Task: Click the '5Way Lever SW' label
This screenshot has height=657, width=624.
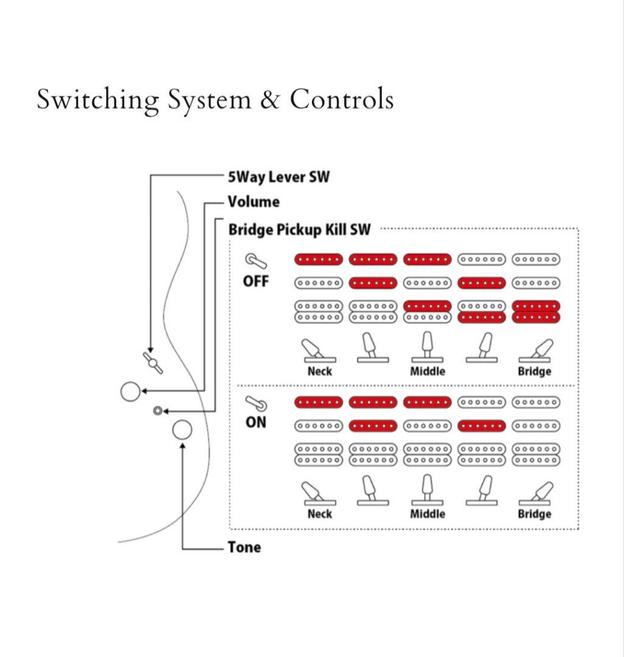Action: pyautogui.click(x=279, y=177)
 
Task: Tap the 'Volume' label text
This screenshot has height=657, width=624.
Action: pyautogui.click(x=254, y=202)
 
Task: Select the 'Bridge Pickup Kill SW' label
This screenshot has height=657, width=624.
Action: pyautogui.click(x=299, y=230)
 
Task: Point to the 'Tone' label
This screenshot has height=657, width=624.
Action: pyautogui.click(x=244, y=547)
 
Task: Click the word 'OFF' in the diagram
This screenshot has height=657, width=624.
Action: pyautogui.click(x=256, y=282)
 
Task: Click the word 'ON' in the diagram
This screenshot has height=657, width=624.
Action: pyautogui.click(x=256, y=422)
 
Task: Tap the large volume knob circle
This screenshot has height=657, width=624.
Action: pyautogui.click(x=130, y=391)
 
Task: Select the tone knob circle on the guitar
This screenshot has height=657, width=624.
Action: pyautogui.click(x=182, y=430)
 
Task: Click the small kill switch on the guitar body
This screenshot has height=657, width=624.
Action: pyautogui.click(x=158, y=411)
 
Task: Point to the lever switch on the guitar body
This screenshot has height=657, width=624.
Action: pyautogui.click(x=152, y=361)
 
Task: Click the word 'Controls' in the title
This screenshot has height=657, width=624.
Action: pyautogui.click(x=341, y=100)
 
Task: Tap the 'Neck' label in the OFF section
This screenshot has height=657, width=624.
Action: pyautogui.click(x=320, y=371)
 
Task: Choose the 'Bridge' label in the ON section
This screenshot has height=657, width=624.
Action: pyautogui.click(x=535, y=514)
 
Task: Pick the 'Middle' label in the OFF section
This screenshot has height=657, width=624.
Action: pyautogui.click(x=428, y=371)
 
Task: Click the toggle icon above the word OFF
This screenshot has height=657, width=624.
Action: pyautogui.click(x=256, y=262)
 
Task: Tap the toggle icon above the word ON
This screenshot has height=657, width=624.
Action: pyautogui.click(x=256, y=403)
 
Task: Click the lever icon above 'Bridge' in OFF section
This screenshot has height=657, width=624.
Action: pyautogui.click(x=535, y=350)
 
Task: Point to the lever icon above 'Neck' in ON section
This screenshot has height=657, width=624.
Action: pyautogui.click(x=319, y=492)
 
